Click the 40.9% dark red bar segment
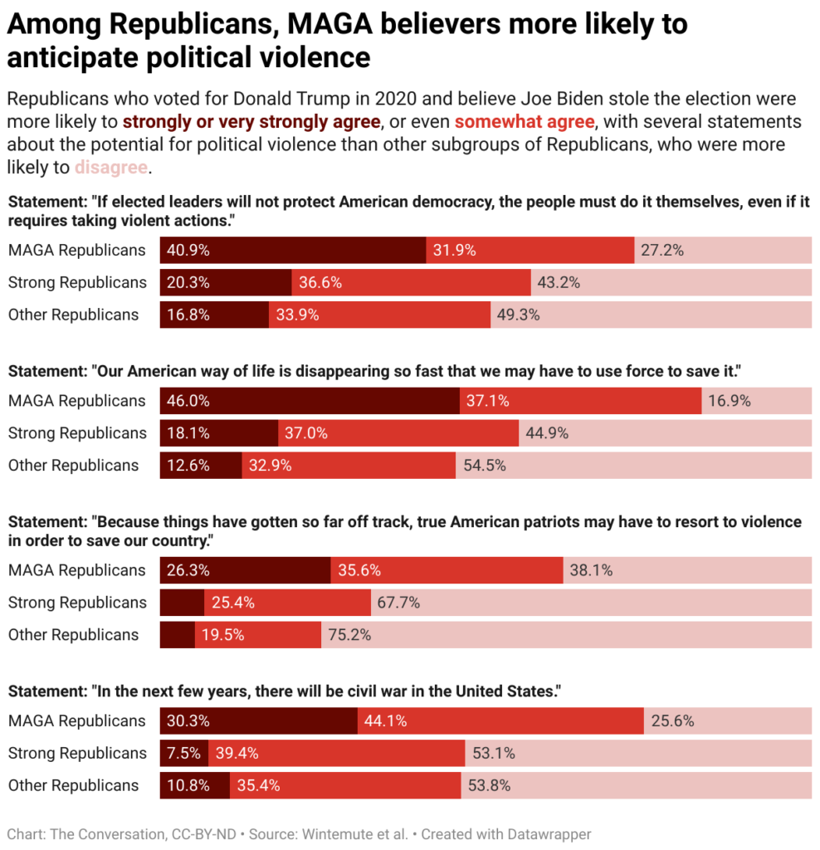click(293, 250)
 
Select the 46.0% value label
click(188, 401)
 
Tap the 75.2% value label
click(349, 635)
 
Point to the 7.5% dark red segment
click(183, 753)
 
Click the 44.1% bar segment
click(500, 721)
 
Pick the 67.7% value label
click(398, 603)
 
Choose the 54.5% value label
click(485, 466)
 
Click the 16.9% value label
click(730, 401)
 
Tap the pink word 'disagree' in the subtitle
click(111, 167)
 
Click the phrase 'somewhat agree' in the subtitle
click(524, 122)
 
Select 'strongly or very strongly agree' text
click(251, 122)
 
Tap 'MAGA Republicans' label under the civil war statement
click(76, 721)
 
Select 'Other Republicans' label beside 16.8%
click(73, 315)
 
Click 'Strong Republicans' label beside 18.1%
click(76, 433)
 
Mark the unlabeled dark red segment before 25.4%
click(182, 603)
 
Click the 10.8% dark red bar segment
click(195, 785)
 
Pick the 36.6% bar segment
click(411, 282)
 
